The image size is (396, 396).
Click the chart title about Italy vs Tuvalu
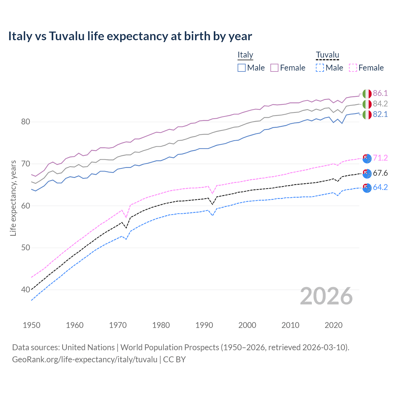tap(130, 36)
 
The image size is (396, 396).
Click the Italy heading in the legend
tap(245, 55)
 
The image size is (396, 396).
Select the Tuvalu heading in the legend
tap(327, 55)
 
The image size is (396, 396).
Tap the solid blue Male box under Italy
tap(242, 68)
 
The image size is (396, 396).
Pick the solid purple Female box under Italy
tap(274, 68)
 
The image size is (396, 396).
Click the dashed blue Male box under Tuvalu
tap(320, 68)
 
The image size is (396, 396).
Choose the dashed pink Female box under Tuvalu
tap(353, 68)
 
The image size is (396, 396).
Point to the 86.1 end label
tap(380, 93)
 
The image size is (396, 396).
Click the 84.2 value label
tap(380, 104)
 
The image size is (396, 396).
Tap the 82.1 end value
tap(380, 114)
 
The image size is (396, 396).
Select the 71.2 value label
tap(380, 158)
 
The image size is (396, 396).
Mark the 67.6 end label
tap(380, 173)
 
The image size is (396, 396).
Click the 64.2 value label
tap(380, 187)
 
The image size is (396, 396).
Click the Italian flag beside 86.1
tap(367, 93)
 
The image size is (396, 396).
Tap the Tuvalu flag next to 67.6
tap(367, 173)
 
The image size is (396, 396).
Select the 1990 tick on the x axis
tap(204, 325)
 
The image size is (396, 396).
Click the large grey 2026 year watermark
tap(326, 296)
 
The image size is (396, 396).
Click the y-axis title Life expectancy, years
tap(13, 198)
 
